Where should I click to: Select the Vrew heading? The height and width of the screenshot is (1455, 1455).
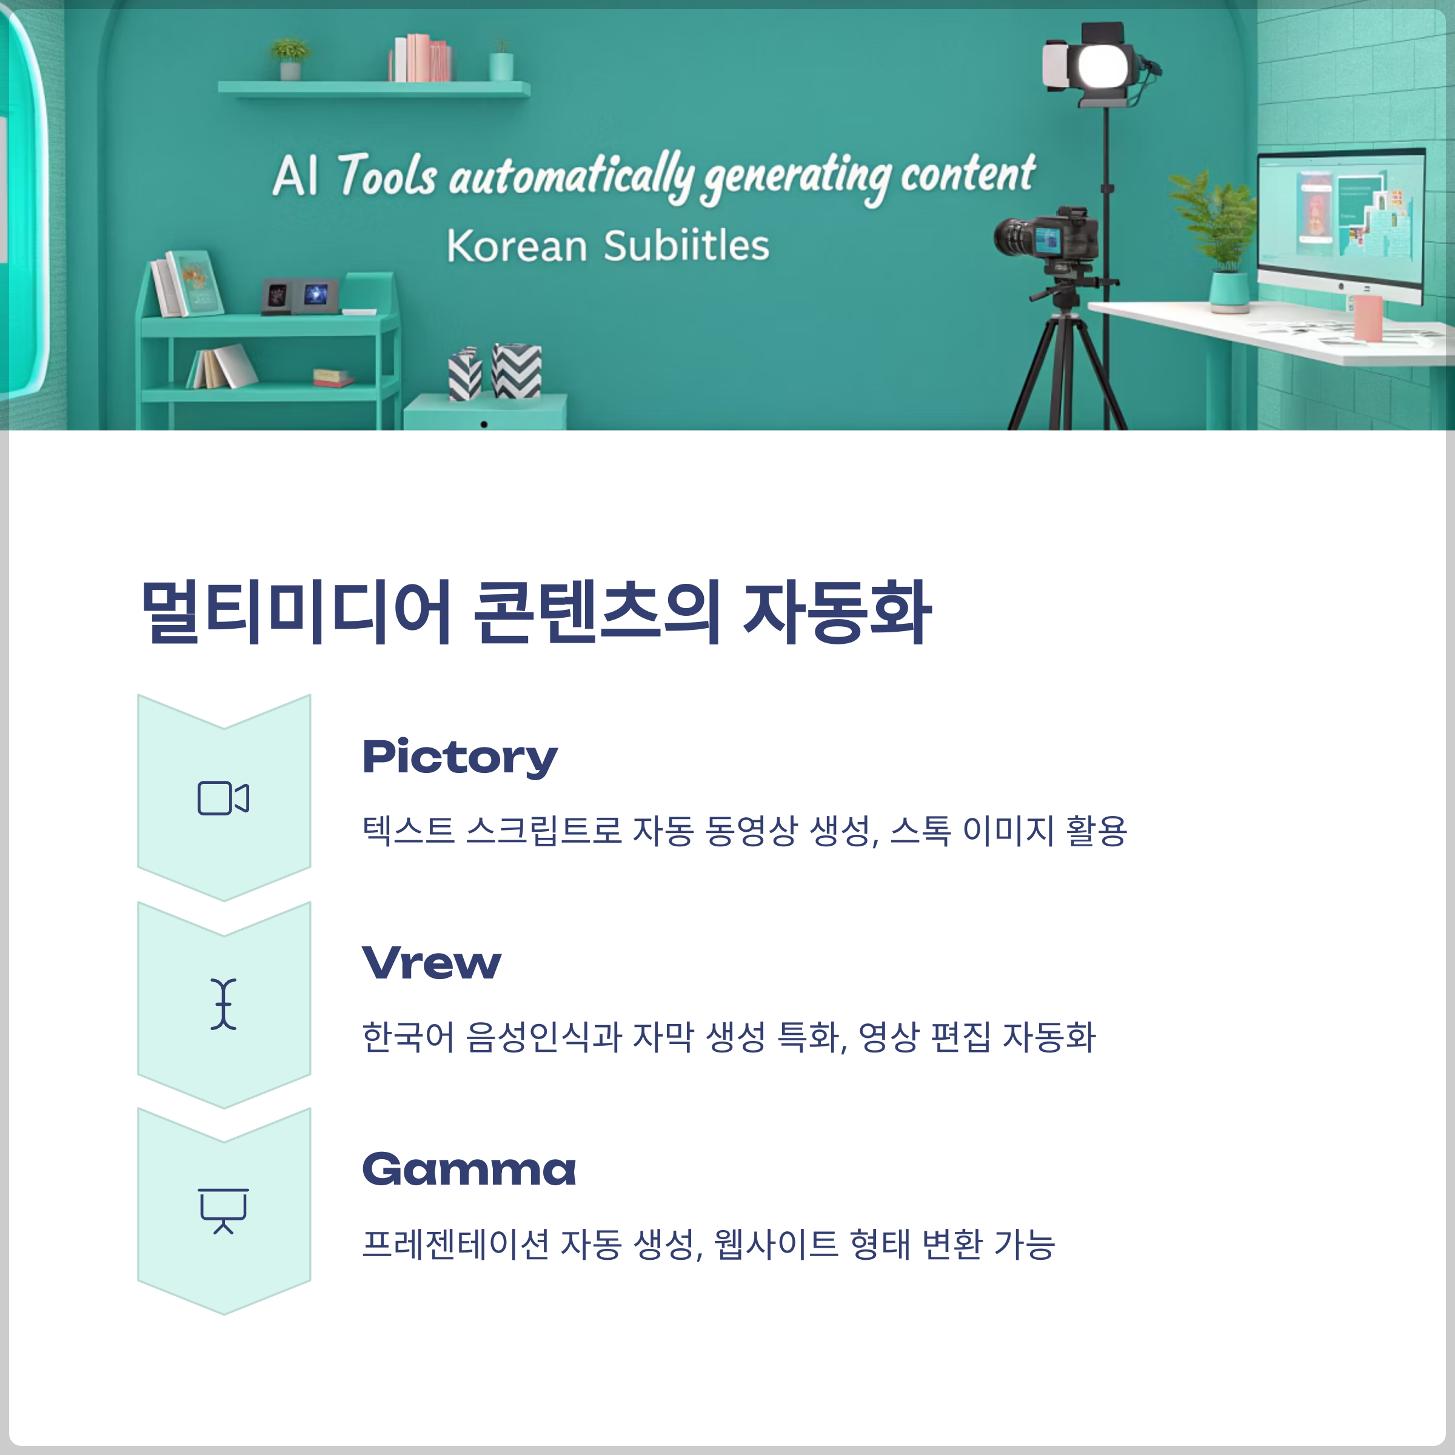(x=432, y=963)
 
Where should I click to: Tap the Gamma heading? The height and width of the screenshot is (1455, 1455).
(x=469, y=1169)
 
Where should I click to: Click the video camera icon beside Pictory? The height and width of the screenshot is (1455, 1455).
(x=224, y=798)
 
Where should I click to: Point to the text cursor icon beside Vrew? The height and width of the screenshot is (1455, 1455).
(x=224, y=1004)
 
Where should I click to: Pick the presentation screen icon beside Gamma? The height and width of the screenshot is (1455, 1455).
(x=224, y=1210)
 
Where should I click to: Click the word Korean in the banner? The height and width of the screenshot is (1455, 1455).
(x=517, y=246)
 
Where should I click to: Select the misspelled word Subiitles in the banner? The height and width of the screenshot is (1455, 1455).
(x=686, y=246)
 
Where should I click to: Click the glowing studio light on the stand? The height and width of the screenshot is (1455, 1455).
(x=1103, y=66)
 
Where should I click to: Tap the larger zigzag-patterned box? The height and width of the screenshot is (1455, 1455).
(x=517, y=370)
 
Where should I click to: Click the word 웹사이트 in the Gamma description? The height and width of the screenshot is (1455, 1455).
(x=776, y=1244)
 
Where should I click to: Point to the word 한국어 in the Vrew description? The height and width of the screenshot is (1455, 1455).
(x=408, y=1037)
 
